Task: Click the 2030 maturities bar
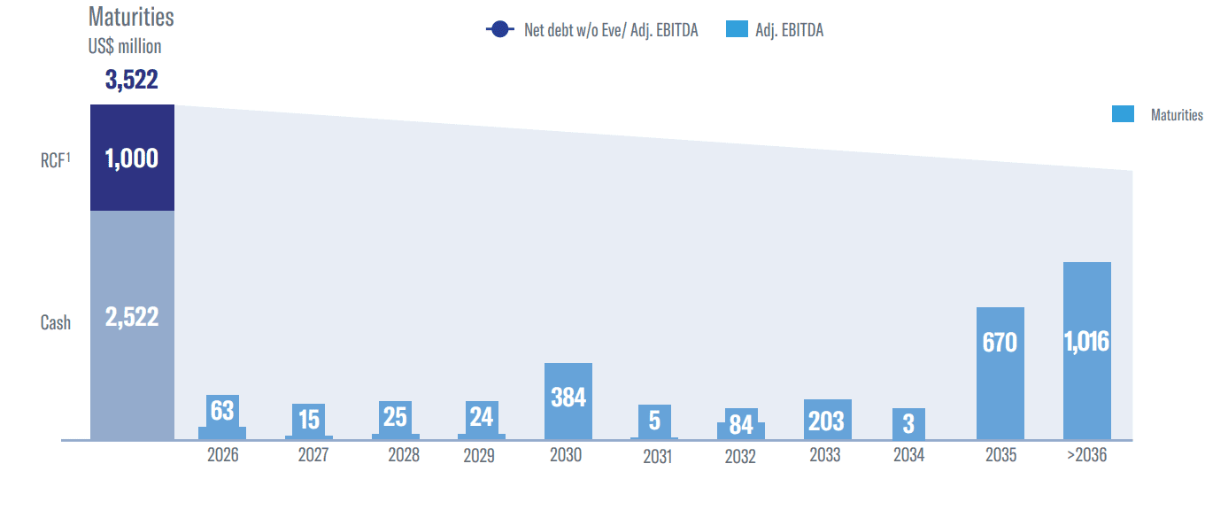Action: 568,400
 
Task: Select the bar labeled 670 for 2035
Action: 1000,373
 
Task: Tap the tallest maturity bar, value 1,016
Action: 1086,350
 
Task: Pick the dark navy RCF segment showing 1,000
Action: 132,158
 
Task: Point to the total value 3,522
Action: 131,81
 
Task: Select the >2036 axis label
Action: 1086,456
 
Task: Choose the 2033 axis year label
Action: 827,456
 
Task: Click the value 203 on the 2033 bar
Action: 826,421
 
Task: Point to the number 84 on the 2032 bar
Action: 741,425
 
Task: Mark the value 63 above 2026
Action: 222,411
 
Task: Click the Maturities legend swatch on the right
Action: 1123,114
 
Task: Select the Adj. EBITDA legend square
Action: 737,30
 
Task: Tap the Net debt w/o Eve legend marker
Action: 500,30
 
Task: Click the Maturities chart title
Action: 131,17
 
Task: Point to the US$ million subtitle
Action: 125,47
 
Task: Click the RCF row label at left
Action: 54,159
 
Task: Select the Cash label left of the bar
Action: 56,322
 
